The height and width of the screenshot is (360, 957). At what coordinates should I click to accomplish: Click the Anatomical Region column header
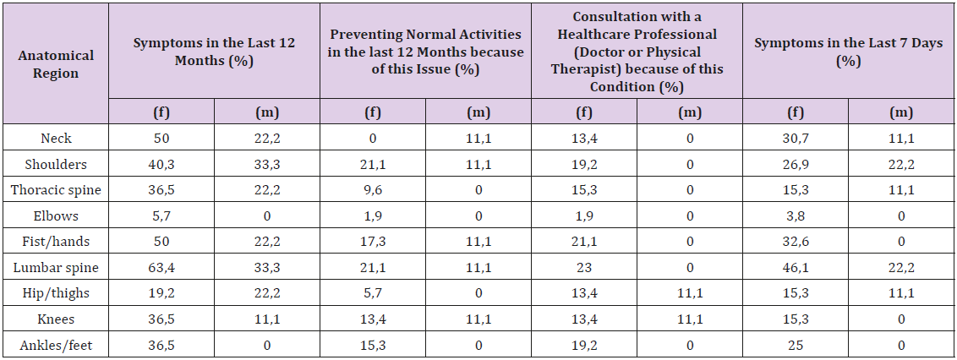[56, 64]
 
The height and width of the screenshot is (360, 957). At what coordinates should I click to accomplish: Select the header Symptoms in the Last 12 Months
[214, 51]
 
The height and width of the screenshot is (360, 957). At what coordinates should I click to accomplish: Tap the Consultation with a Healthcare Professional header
[637, 51]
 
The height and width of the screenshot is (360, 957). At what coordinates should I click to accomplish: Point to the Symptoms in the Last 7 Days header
[848, 51]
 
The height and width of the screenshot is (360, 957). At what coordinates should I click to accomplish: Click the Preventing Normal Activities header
[425, 51]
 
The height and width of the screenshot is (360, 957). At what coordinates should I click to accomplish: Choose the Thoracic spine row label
[56, 190]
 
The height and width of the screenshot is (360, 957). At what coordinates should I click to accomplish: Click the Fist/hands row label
[56, 242]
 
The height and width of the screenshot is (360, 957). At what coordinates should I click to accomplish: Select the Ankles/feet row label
[56, 345]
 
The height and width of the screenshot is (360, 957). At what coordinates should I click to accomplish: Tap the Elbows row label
[56, 215]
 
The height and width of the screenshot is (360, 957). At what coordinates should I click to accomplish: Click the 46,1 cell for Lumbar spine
[796, 268]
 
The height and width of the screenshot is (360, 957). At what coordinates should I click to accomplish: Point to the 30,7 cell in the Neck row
[796, 139]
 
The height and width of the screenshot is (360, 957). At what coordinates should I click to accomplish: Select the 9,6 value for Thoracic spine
[373, 190]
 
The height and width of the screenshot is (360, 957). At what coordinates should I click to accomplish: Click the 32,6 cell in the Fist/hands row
[796, 242]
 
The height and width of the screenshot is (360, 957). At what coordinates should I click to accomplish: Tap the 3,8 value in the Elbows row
[796, 215]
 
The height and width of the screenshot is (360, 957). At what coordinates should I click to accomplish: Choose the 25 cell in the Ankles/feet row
[796, 345]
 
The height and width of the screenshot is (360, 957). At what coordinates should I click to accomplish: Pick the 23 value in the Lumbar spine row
[584, 268]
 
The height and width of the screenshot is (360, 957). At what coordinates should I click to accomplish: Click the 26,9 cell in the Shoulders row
[796, 165]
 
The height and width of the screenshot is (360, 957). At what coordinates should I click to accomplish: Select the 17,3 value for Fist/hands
[373, 242]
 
